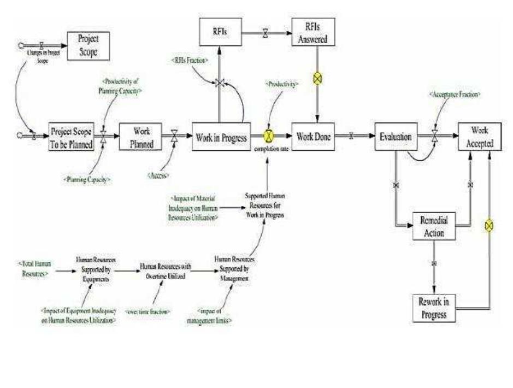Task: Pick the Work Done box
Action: [x=312, y=136]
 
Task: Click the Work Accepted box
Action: [x=479, y=137]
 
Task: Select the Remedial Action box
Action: [x=434, y=225]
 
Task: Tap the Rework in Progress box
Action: [x=434, y=308]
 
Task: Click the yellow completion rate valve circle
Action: [x=269, y=136]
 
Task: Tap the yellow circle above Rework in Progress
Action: [x=489, y=225]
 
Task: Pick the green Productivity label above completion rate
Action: [x=282, y=85]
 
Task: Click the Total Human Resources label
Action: [x=31, y=267]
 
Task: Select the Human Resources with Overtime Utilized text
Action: [x=163, y=270]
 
